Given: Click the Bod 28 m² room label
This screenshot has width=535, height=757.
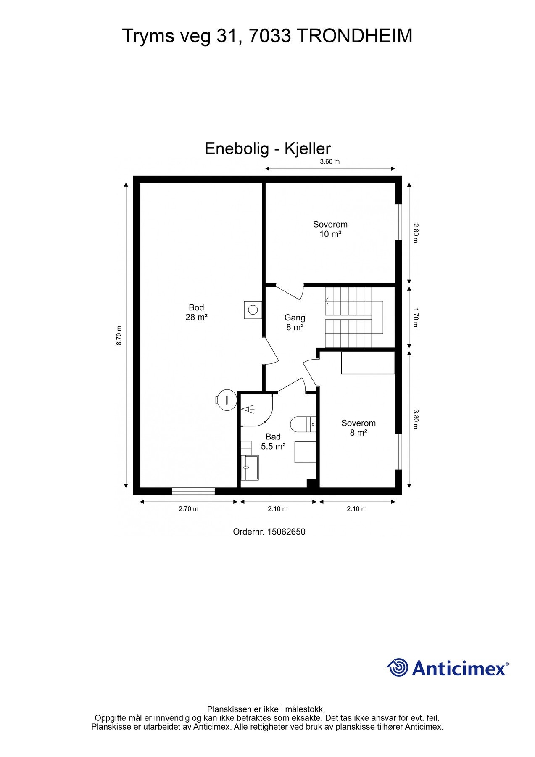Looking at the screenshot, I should pyautogui.click(x=196, y=312).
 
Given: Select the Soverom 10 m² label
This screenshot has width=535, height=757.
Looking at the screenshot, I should pyautogui.click(x=330, y=229).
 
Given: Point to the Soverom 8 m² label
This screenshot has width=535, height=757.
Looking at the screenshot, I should pyautogui.click(x=358, y=428).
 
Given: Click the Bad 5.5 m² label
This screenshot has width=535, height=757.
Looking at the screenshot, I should pyautogui.click(x=273, y=442).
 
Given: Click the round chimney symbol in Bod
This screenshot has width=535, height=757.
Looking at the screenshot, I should pyautogui.click(x=253, y=310).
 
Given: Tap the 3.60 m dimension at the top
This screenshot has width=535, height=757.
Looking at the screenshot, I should pyautogui.click(x=330, y=161).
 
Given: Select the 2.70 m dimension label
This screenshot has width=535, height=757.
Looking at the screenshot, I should pyautogui.click(x=188, y=509).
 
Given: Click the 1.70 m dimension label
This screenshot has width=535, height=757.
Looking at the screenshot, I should pyautogui.click(x=416, y=318).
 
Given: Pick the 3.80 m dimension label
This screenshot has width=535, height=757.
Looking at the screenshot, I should pyautogui.click(x=416, y=419).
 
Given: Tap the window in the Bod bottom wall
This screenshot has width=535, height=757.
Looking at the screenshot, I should pyautogui.click(x=193, y=491).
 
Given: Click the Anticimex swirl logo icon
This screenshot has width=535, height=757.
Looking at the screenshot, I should pyautogui.click(x=398, y=667).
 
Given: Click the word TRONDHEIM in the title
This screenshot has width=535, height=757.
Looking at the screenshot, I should pyautogui.click(x=355, y=36).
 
